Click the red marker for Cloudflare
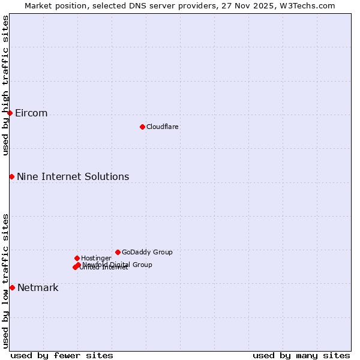click(x=142, y=127)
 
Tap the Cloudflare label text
click(x=162, y=127)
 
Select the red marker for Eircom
click(x=10, y=113)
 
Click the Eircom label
click(x=31, y=113)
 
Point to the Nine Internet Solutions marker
click(x=11, y=176)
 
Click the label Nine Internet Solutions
click(x=73, y=176)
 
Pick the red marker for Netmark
click(x=12, y=287)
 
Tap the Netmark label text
click(x=38, y=288)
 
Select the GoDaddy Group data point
click(x=118, y=252)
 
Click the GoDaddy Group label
click(x=147, y=253)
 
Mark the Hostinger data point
click(x=77, y=258)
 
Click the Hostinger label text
click(x=96, y=259)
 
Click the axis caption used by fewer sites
click(x=62, y=355)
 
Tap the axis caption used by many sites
click(x=301, y=355)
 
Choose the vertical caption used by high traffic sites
click(x=6, y=85)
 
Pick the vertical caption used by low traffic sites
click(x=6, y=281)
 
